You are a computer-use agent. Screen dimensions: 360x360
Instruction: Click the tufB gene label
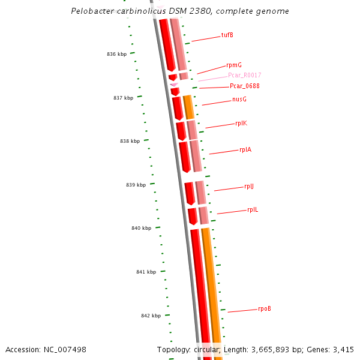coord(227,35)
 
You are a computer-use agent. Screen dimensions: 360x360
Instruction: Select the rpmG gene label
coord(234,65)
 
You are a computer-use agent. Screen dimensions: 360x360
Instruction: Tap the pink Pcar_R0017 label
coord(244,75)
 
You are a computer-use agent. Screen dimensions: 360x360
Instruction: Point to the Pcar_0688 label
coord(244,86)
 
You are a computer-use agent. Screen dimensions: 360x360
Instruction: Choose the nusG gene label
coord(239,99)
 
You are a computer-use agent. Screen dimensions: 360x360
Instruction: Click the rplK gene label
coord(241,123)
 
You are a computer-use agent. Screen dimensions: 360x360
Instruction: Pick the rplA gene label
coord(245,149)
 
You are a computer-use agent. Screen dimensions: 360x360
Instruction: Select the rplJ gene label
coord(249,186)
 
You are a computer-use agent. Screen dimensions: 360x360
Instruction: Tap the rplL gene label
coord(253,209)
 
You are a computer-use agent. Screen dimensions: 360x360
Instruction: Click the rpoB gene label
coord(265,308)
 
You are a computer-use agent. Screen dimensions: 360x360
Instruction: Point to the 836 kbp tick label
coord(117,54)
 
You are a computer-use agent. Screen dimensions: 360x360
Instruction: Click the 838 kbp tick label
coord(130,141)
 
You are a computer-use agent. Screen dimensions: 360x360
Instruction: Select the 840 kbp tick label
coord(141,228)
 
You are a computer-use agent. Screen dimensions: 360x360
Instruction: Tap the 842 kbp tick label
coord(151,316)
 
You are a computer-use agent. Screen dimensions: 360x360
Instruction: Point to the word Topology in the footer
coord(173,349)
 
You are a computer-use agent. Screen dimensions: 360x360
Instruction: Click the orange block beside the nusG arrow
coord(188,107)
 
